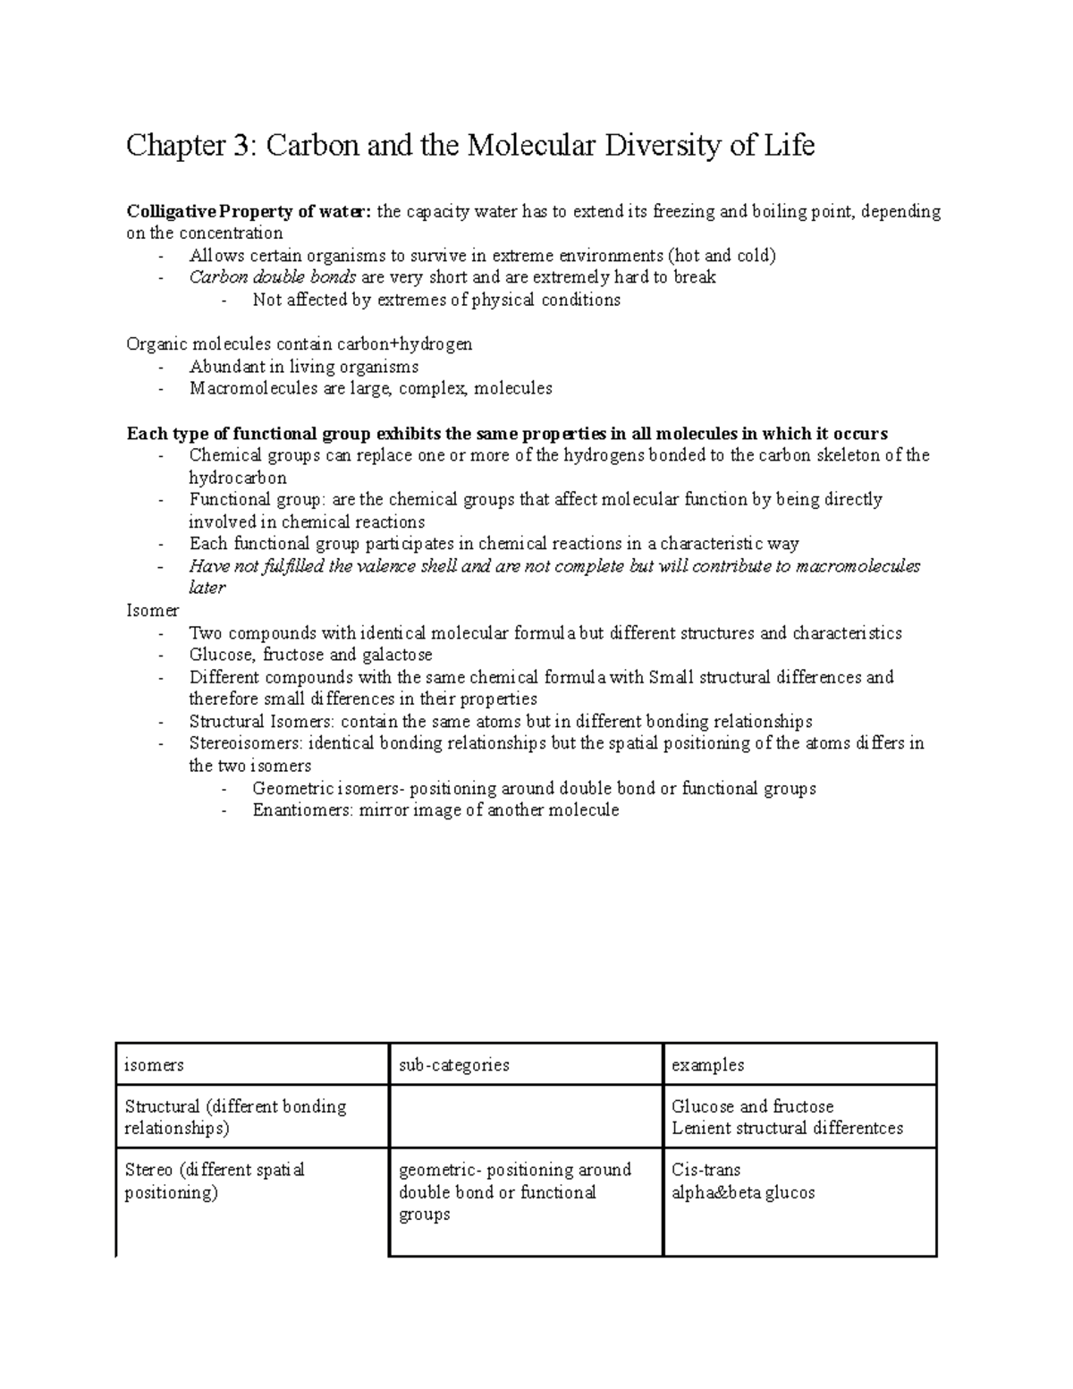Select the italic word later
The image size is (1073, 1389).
(x=207, y=588)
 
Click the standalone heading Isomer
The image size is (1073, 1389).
(x=153, y=610)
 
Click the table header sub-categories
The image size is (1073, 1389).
(x=454, y=1065)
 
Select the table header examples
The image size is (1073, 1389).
(x=707, y=1065)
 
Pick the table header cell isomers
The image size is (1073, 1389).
(x=154, y=1065)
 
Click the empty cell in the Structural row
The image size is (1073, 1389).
(x=526, y=1117)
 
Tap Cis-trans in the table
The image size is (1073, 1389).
(x=705, y=1170)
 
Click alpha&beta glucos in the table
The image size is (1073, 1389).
(x=743, y=1192)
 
